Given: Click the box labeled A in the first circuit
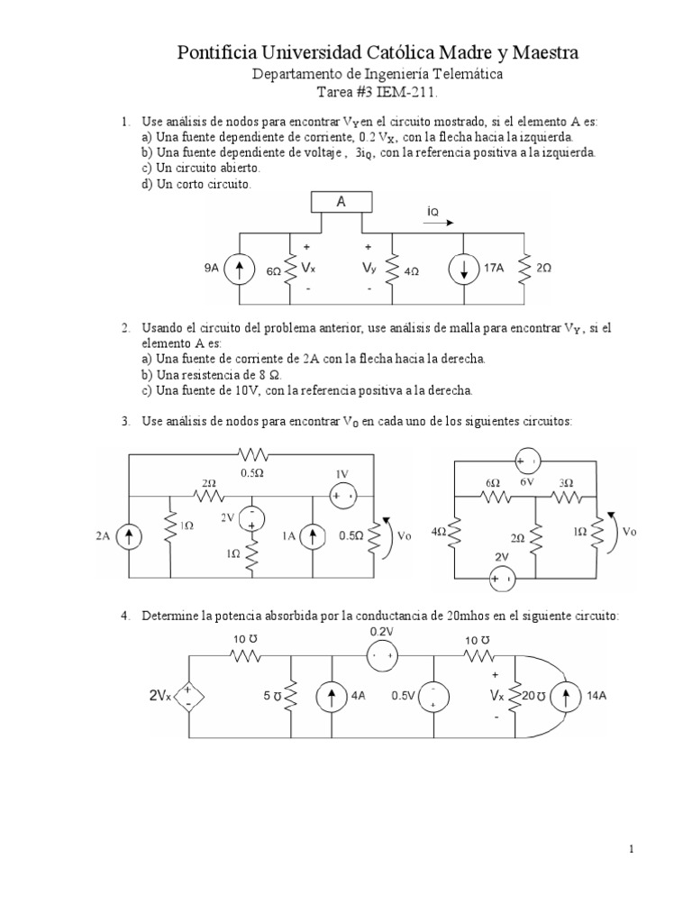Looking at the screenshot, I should [x=341, y=202].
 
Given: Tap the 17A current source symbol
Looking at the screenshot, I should [x=464, y=268].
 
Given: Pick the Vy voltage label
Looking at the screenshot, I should [x=369, y=268].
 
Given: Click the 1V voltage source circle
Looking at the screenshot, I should [x=342, y=496].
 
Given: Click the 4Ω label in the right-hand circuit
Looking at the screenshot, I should [x=439, y=534].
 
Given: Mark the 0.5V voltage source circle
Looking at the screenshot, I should [x=433, y=696].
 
